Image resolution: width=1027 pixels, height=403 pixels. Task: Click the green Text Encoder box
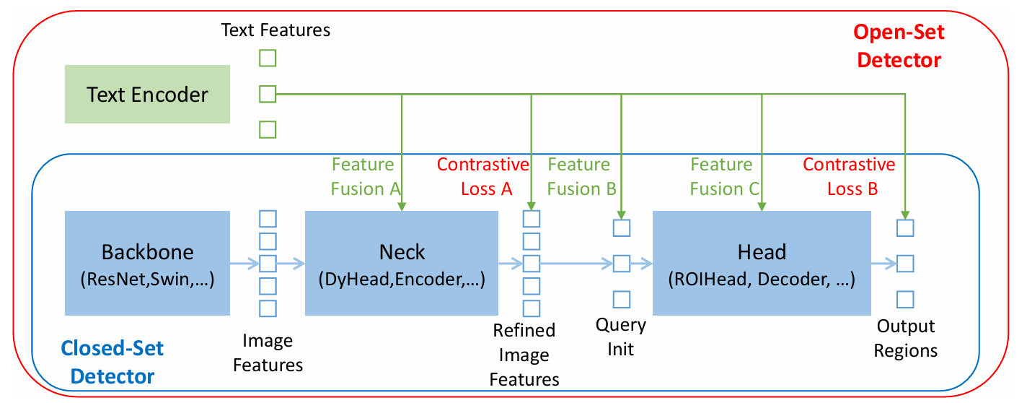(x=147, y=94)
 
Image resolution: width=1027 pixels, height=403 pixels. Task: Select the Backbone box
(x=147, y=263)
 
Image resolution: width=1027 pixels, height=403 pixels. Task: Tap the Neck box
(x=402, y=263)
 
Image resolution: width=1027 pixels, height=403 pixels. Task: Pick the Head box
(x=762, y=263)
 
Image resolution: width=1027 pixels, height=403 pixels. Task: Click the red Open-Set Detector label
(x=899, y=46)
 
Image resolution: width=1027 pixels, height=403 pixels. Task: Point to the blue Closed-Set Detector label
(x=113, y=362)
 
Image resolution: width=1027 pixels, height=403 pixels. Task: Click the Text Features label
(x=276, y=30)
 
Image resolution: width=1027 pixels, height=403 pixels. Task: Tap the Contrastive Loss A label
(x=483, y=177)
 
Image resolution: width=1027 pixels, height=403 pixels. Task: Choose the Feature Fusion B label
(x=581, y=177)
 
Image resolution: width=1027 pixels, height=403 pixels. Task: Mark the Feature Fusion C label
(x=724, y=177)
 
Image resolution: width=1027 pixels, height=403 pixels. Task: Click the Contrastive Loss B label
(x=849, y=177)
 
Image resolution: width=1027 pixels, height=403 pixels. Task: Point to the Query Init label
(x=621, y=337)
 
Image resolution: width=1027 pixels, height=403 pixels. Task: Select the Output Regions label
(x=906, y=338)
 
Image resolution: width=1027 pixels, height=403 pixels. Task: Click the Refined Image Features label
(x=524, y=355)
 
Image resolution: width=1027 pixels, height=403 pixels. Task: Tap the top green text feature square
(x=268, y=58)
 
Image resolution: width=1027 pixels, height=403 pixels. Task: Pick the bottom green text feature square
(x=268, y=130)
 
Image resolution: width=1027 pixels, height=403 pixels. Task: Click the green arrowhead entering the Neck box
(x=402, y=206)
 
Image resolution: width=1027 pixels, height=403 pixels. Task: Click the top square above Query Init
(x=622, y=228)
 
